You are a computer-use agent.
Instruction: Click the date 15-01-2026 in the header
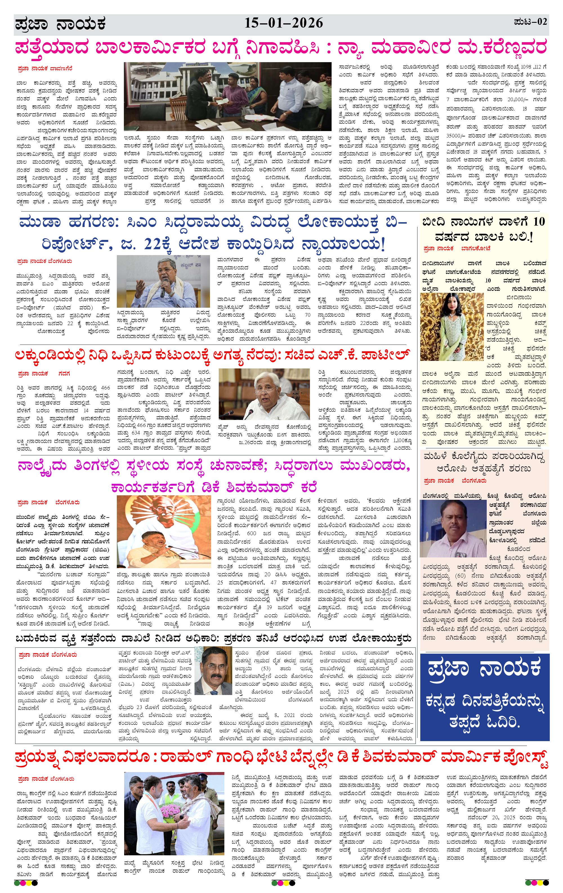283,23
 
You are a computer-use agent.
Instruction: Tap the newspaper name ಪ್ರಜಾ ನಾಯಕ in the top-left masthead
61,24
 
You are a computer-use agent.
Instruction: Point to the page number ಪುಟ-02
530,22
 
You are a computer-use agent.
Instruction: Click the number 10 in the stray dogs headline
539,221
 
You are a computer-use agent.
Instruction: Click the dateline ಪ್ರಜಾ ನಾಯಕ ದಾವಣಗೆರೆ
44,69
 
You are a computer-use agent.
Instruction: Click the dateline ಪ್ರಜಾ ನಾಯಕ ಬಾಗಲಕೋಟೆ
457,248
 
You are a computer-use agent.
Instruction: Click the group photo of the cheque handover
227,96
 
